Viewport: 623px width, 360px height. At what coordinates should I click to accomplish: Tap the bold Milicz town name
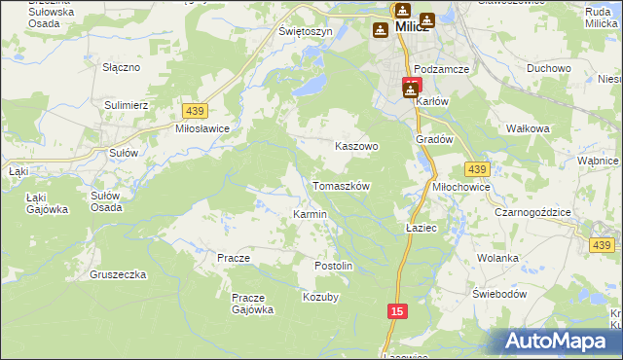coord(414,27)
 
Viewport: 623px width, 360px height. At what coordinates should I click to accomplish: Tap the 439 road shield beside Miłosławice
coord(193,112)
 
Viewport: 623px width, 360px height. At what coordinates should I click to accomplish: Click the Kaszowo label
coord(356,146)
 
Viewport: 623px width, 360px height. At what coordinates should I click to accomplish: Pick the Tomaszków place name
coord(341,185)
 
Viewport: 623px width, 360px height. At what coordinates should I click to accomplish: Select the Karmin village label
coord(310,213)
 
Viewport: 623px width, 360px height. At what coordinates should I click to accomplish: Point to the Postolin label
coord(333,266)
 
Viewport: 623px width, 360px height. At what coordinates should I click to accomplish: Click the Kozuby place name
coord(320,297)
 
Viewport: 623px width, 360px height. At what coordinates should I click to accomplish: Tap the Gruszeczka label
coord(117,274)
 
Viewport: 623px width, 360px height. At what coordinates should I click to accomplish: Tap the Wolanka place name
coord(496,258)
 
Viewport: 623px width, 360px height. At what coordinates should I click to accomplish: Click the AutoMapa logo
coord(559,342)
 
